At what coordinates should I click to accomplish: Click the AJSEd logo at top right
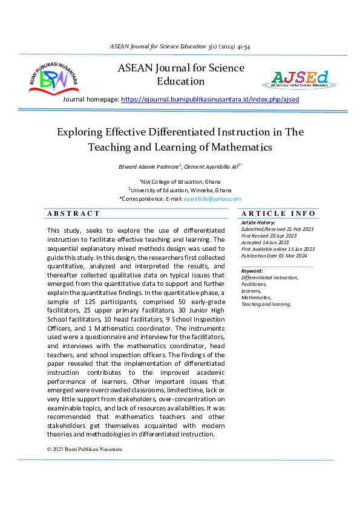point(299,79)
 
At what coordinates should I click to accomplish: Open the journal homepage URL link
point(210,99)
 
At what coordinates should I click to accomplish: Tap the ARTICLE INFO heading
point(278,213)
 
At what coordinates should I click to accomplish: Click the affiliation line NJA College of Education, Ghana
point(180,181)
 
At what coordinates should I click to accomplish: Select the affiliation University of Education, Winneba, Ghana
point(180,190)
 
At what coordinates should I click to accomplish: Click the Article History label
point(258,223)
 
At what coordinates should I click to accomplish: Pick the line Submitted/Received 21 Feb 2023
point(273,229)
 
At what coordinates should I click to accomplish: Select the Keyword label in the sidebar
point(252,271)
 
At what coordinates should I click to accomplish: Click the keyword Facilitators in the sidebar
point(254,284)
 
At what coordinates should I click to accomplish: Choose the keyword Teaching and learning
point(266,304)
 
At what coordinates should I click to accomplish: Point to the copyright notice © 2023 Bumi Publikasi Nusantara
point(85,450)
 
